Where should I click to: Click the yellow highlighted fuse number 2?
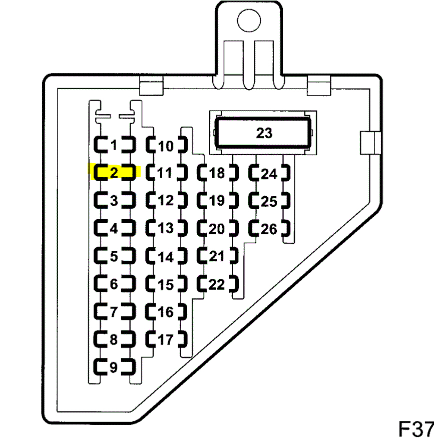tap(114, 173)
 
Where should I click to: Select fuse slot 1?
tap(114, 146)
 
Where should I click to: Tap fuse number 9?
tap(114, 368)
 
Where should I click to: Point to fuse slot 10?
tap(166, 146)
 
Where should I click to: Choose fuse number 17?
tap(166, 340)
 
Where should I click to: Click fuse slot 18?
tap(217, 173)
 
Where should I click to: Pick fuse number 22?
tap(217, 284)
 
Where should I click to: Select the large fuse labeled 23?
tap(263, 133)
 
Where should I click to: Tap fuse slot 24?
tap(269, 174)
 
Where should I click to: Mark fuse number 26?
tap(269, 229)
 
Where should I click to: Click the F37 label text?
tap(415, 429)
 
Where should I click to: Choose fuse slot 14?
tap(166, 257)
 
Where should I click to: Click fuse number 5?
tap(114, 256)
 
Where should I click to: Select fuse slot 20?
tap(217, 229)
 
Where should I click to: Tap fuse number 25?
tap(269, 201)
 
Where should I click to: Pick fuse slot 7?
tap(114, 312)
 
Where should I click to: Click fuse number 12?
tap(166, 201)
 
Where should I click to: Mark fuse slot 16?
tap(166, 312)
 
